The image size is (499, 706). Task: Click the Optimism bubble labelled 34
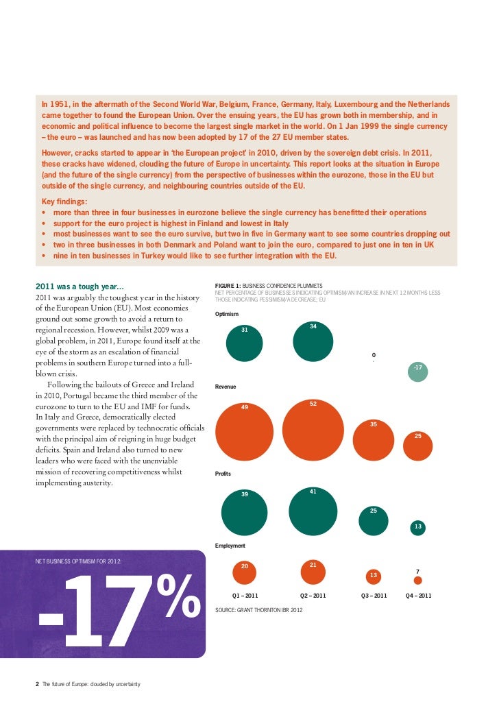tap(313, 341)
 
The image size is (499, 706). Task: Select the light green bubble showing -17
tap(418, 372)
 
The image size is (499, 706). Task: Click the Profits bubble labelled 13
tap(418, 527)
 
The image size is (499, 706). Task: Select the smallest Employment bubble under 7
tap(418, 580)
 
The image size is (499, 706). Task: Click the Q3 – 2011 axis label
tap(374, 596)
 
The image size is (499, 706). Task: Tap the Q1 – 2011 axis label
tap(245, 596)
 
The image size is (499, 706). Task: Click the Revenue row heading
tap(226, 387)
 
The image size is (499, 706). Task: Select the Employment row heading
tap(230, 546)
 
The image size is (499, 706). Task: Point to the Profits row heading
tap(223, 474)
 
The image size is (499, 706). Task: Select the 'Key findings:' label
tap(64, 203)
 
